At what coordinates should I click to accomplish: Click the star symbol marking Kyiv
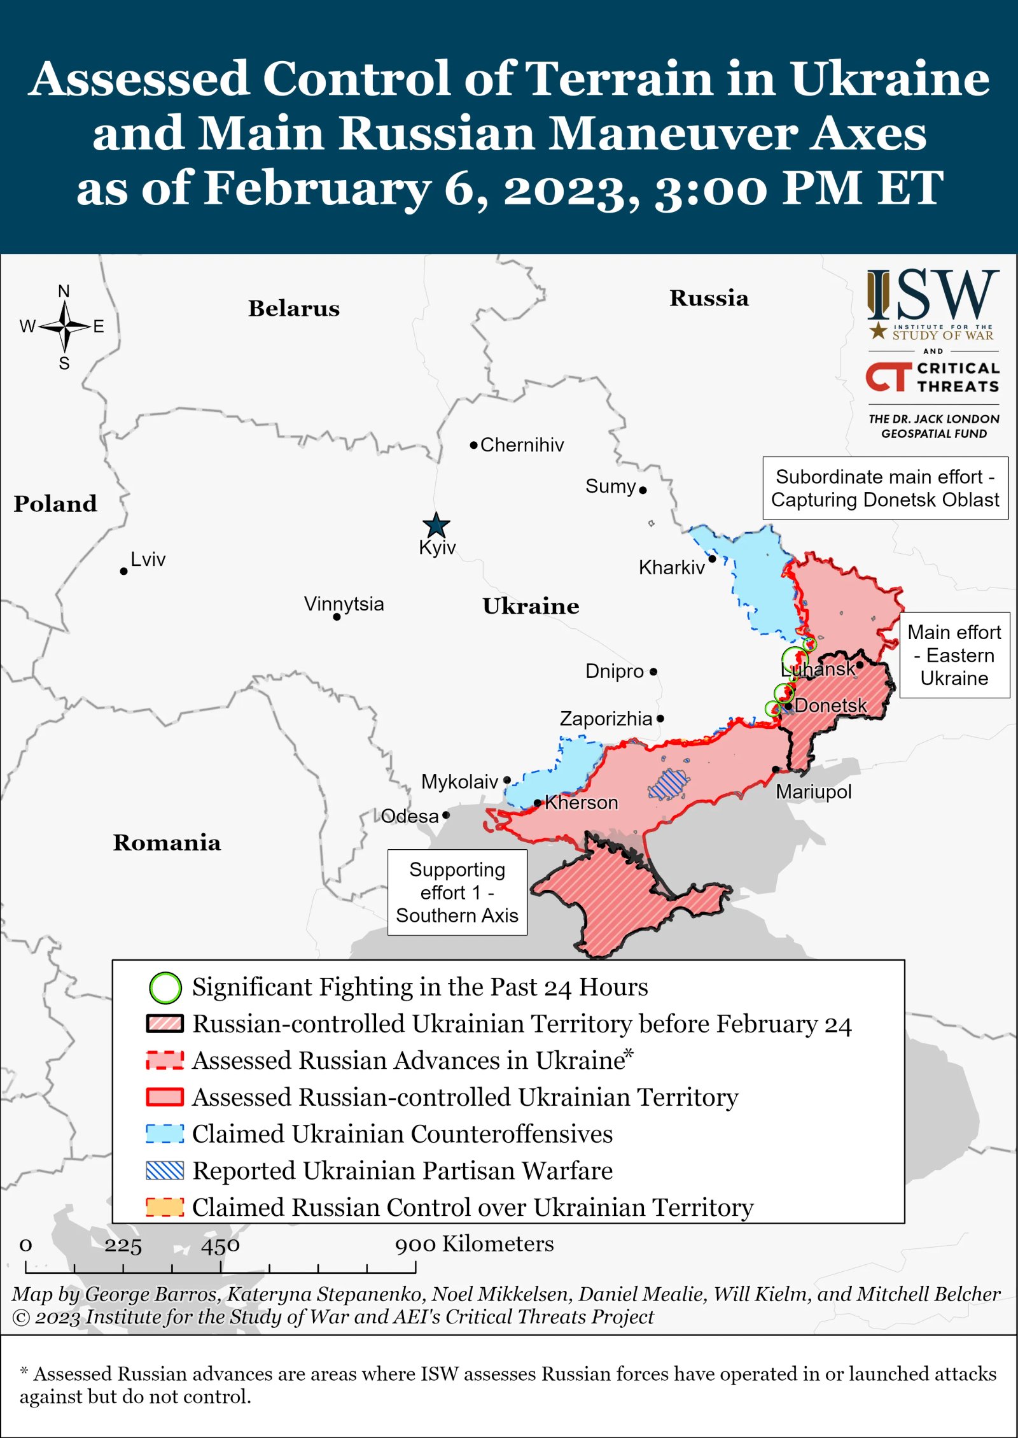(x=436, y=526)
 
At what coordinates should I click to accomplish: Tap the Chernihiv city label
(x=521, y=445)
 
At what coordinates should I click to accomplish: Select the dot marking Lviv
(x=123, y=571)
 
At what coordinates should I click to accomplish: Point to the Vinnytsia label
(x=344, y=603)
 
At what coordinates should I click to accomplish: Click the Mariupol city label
(x=813, y=792)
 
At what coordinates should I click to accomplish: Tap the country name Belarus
(x=293, y=308)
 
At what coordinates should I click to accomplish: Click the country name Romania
(x=167, y=842)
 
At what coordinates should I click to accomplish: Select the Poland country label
(x=55, y=504)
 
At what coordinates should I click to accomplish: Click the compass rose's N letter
(x=64, y=292)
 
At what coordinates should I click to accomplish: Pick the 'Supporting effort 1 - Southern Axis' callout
(x=457, y=892)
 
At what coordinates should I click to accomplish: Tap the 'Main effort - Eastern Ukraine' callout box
(x=954, y=655)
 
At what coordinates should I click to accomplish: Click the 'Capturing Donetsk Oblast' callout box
(x=884, y=488)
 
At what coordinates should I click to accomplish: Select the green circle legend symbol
(x=165, y=988)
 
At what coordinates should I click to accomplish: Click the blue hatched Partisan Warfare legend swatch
(x=165, y=1171)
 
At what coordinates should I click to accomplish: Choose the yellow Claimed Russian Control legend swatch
(x=165, y=1208)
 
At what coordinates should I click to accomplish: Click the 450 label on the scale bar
(x=220, y=1245)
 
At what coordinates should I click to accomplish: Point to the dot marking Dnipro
(x=653, y=672)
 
